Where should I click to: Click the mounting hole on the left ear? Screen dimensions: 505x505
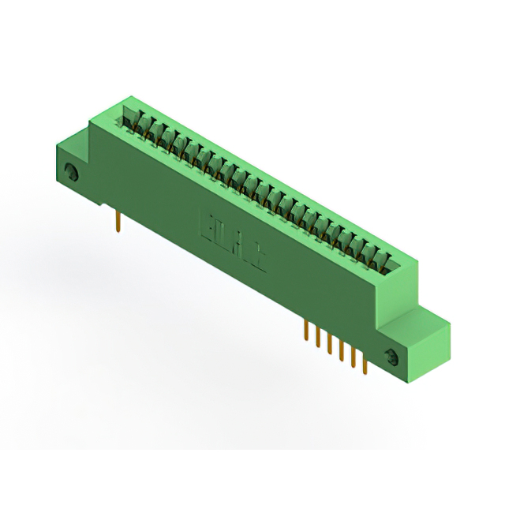click(x=72, y=172)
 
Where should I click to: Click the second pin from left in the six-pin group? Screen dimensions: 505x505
click(x=318, y=337)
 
